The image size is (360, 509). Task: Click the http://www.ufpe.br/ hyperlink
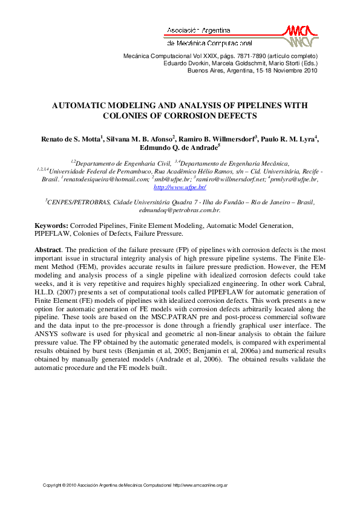180,187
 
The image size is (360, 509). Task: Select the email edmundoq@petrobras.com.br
179,210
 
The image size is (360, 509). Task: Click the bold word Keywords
51,225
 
